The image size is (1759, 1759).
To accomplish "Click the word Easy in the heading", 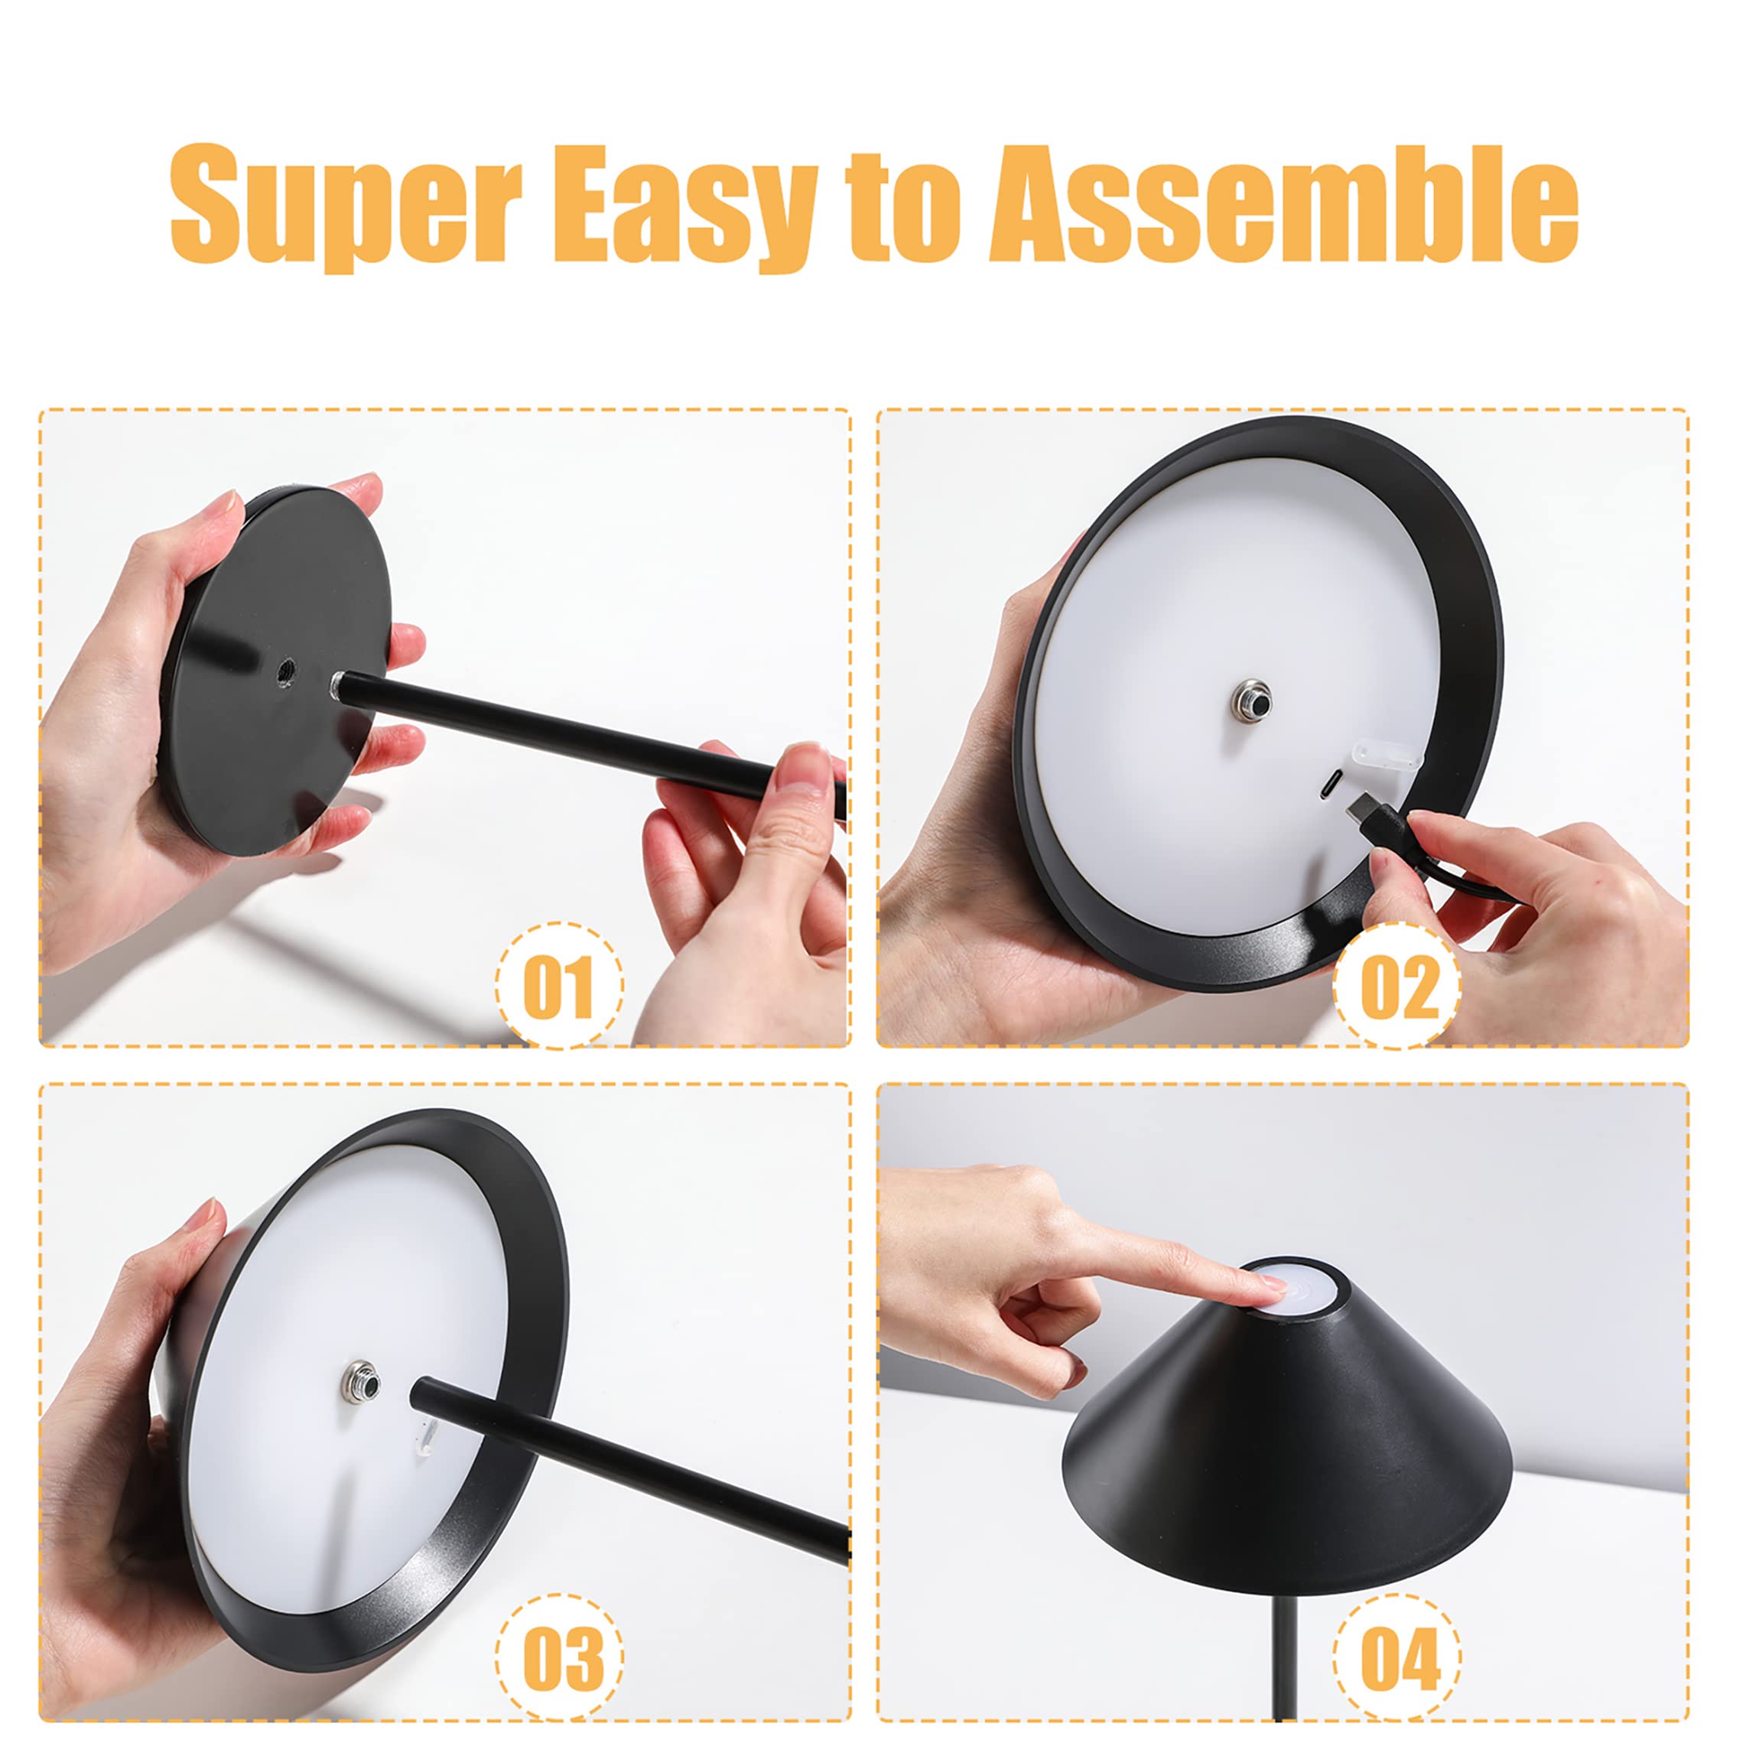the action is [x=688, y=207].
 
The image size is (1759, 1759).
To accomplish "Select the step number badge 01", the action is [x=559, y=986].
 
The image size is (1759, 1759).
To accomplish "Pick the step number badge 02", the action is [x=1397, y=986].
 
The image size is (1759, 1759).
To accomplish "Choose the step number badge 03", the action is [x=559, y=1660].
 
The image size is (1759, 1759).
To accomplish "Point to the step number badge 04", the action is [x=1397, y=1660].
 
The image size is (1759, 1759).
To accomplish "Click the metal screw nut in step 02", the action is [x=1248, y=699].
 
